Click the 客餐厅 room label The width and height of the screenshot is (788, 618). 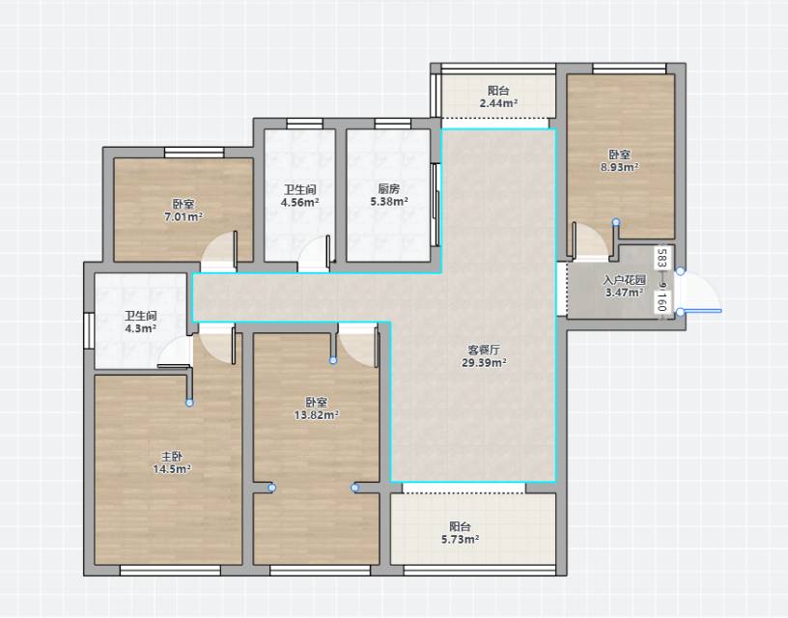point(484,350)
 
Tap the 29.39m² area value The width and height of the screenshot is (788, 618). point(484,362)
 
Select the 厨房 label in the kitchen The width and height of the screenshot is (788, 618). point(389,189)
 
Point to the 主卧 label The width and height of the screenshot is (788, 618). point(171,457)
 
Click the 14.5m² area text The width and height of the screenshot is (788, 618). point(172,469)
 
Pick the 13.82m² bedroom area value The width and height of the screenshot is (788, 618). point(316,415)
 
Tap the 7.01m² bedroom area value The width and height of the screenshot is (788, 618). point(183,217)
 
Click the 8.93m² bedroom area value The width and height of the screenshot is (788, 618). point(620,167)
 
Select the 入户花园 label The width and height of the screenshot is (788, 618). point(624,280)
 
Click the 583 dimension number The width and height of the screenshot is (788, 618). point(661,258)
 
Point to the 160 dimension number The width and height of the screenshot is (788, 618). point(661,301)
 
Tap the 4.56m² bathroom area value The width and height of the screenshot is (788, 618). point(300,203)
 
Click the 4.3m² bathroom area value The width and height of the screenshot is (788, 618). point(141,328)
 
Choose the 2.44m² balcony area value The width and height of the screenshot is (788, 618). point(498,103)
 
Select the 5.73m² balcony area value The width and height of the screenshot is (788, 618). point(460,540)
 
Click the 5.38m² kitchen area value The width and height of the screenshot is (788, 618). point(389,202)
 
